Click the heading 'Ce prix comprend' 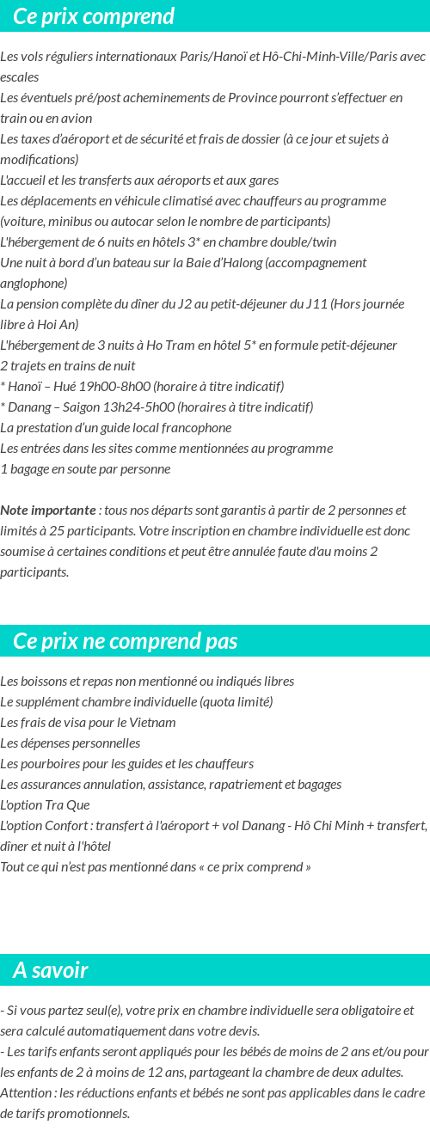(x=94, y=16)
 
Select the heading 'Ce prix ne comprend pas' (x=126, y=641)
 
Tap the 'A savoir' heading (x=51, y=970)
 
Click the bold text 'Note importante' (x=48, y=510)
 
